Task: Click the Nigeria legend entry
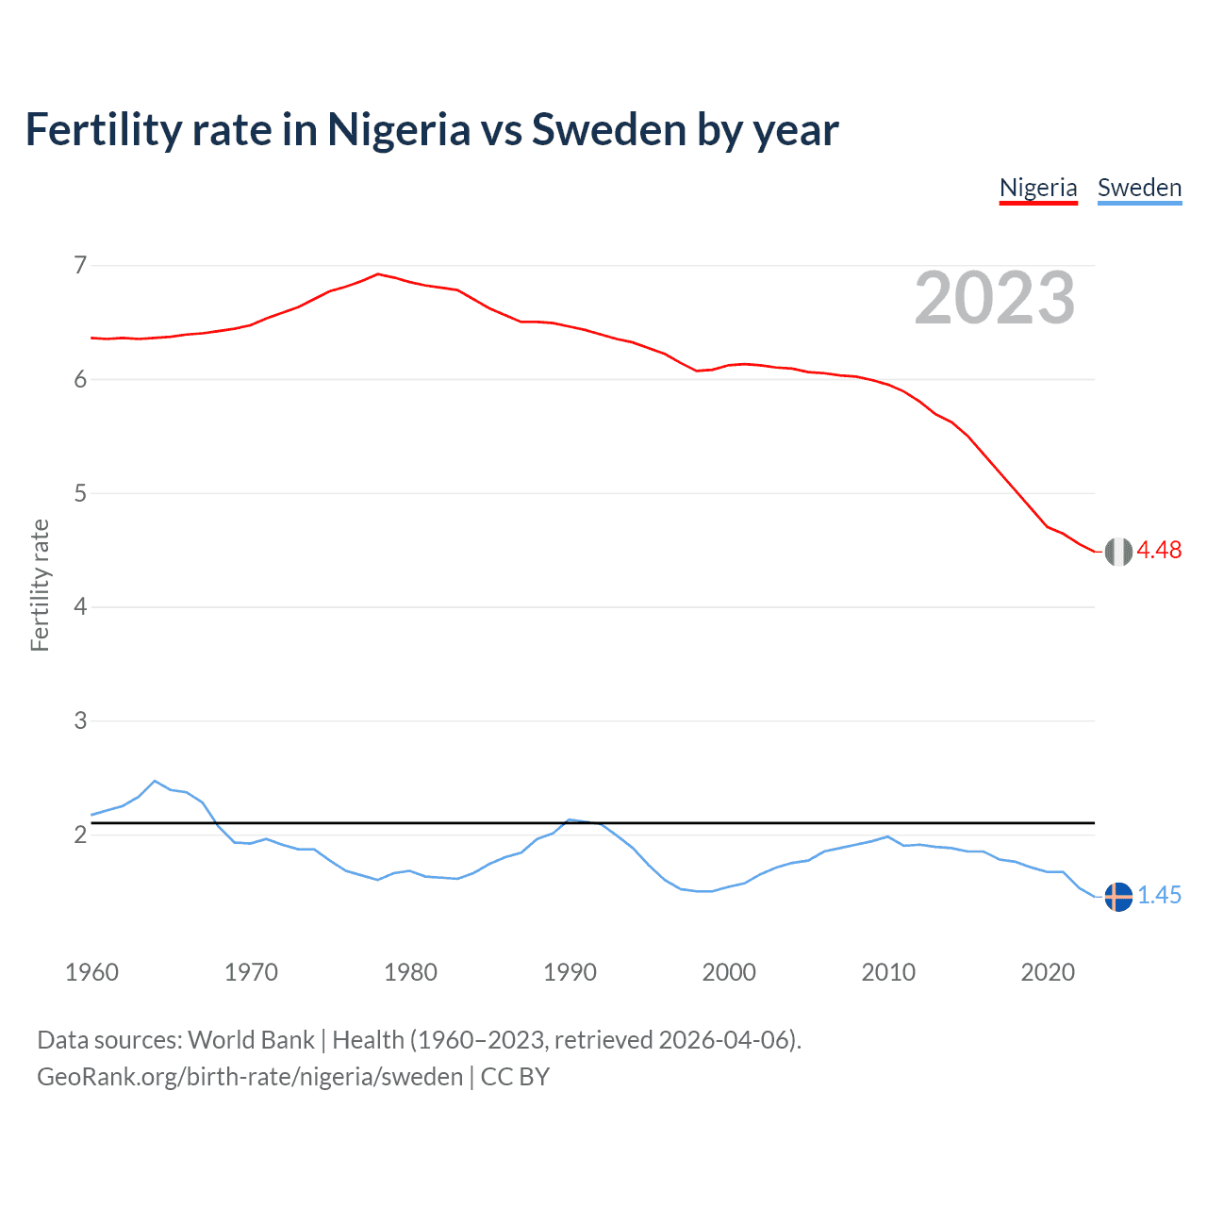[1037, 188]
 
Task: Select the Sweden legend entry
[1139, 188]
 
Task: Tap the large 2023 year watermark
[995, 298]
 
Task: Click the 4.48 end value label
[1159, 550]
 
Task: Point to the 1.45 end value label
[1159, 895]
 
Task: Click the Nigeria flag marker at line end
[1118, 552]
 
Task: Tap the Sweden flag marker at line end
[1118, 897]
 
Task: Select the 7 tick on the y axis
[80, 265]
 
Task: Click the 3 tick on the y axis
[80, 720]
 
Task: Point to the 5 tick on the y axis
[80, 493]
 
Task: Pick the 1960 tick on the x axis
[91, 972]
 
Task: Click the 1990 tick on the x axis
[570, 972]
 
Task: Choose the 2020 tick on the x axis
[1048, 972]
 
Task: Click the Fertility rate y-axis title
[40, 585]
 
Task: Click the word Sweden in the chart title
[609, 130]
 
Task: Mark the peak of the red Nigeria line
[378, 274]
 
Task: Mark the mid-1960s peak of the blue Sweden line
[155, 781]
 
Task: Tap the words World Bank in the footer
[251, 1040]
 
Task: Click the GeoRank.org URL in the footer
[250, 1077]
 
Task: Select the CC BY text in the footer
[515, 1077]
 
